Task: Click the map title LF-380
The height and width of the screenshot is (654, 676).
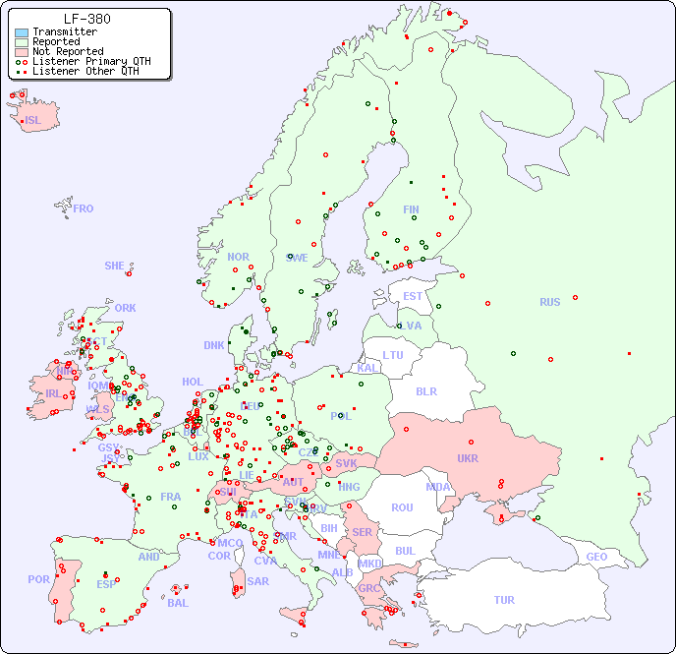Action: click(86, 19)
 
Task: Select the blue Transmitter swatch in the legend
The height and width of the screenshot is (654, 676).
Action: click(22, 32)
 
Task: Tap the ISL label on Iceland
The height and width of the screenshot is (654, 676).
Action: click(33, 121)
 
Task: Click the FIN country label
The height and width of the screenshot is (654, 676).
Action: click(411, 209)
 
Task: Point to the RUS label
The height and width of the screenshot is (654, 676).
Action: click(549, 302)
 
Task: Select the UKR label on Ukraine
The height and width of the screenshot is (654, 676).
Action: click(468, 458)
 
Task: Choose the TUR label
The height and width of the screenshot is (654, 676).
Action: click(504, 600)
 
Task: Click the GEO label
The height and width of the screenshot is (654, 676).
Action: click(596, 557)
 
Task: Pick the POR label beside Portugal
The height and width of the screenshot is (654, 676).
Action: click(38, 579)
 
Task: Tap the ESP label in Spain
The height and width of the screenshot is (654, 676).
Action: click(106, 584)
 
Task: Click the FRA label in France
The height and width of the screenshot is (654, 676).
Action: click(171, 497)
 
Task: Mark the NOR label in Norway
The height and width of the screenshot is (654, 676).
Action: click(238, 257)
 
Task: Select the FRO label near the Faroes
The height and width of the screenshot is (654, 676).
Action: click(84, 208)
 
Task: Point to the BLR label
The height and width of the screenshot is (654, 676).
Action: click(425, 390)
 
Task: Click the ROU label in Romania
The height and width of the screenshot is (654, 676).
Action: click(402, 507)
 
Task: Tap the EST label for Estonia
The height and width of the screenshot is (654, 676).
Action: click(413, 296)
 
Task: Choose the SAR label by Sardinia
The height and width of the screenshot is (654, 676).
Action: click(257, 581)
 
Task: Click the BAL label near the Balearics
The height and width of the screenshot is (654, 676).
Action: click(177, 603)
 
